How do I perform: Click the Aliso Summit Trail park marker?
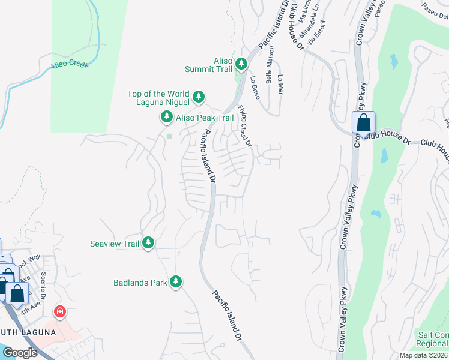[x=241, y=64]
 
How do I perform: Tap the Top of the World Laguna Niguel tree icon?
[x=199, y=96]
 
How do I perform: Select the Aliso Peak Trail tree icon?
[x=166, y=118]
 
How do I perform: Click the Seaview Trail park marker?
[x=148, y=243]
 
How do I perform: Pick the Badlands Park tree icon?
[x=176, y=281]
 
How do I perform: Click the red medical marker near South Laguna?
[x=59, y=311]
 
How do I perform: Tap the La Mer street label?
[x=280, y=85]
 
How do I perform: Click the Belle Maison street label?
[x=270, y=65]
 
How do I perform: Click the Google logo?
[x=20, y=353]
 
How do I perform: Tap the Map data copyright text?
[x=423, y=355]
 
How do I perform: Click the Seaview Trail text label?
[x=114, y=244]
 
